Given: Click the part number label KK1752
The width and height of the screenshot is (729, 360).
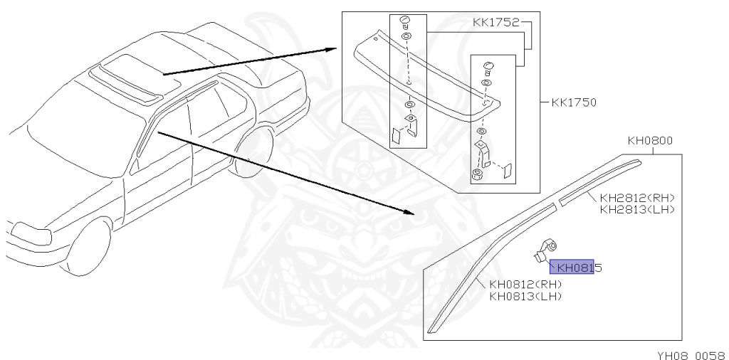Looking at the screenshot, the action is point(496,23).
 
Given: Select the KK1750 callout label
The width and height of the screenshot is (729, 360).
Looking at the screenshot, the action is point(574,102).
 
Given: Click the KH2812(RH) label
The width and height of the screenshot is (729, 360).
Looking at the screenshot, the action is point(637,198).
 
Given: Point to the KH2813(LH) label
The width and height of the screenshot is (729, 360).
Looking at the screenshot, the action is point(637,209).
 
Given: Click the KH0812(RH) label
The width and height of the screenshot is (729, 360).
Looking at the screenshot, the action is point(525,285).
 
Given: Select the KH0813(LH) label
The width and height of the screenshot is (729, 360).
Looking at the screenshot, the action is point(525,296).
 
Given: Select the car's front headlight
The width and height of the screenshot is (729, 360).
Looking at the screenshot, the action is point(28,232).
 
